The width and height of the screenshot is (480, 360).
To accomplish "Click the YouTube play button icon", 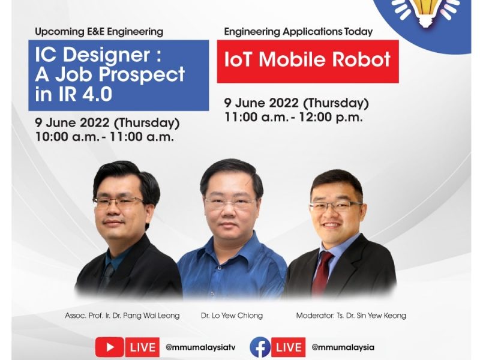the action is point(110,347).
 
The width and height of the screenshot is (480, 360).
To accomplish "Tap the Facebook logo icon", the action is point(260,347).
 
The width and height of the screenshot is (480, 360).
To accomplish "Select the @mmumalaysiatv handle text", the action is point(200,347).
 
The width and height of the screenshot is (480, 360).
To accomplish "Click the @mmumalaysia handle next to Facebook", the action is point(343,347).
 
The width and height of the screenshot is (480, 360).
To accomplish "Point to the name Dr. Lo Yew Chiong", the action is point(232,316).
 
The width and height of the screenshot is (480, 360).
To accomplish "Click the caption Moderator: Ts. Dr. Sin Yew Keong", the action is point(351,316).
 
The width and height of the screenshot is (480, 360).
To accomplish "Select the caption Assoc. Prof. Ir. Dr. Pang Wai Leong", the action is point(122,316).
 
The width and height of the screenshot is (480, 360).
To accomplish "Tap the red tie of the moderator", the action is point(322,273).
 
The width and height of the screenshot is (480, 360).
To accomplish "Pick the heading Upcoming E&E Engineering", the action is point(99,32).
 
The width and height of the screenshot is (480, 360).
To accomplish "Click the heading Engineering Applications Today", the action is point(298,32).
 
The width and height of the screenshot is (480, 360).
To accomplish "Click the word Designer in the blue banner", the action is point(107,56).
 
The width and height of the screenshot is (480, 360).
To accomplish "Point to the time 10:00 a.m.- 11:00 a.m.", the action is point(104,137).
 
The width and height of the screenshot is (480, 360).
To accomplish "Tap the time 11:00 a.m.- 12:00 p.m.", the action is point(294,117).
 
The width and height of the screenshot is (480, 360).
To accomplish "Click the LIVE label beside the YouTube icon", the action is point(142,347).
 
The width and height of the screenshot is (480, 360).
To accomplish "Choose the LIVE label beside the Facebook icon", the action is point(289,347).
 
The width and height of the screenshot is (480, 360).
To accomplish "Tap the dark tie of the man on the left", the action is point(108,275).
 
